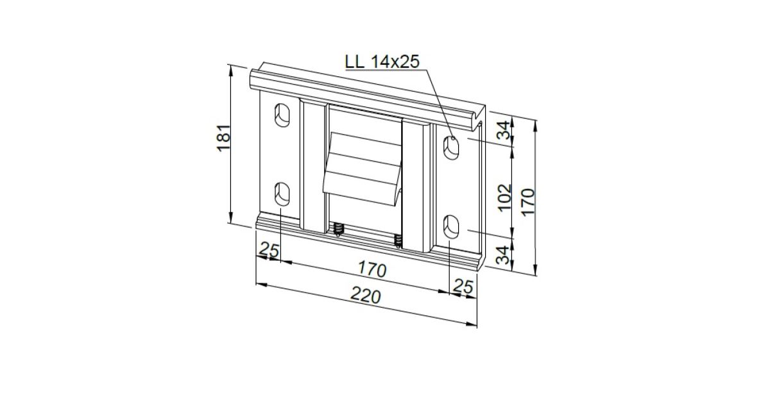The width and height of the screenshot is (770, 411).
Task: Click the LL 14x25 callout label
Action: coord(382,62)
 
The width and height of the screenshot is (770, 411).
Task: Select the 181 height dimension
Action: coord(223,138)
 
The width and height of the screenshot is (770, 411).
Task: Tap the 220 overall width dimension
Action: coord(366,296)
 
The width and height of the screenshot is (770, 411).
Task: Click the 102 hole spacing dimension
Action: coord(504,197)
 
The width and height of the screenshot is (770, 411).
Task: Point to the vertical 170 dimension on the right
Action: coord(528,202)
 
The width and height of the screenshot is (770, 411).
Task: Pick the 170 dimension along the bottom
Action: coord(372,269)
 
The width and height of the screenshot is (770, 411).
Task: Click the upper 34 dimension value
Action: coord(504,130)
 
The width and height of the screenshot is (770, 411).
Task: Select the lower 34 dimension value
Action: coord(504,255)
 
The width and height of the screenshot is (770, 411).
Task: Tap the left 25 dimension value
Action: coord(269,249)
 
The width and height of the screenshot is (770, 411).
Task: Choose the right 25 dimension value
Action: coord(464,287)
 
